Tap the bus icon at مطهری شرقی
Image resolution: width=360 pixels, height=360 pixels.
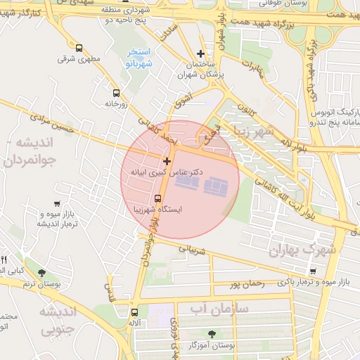pyautogui.click(x=79, y=49)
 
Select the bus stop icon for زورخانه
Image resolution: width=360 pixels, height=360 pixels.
pyautogui.click(x=116, y=93)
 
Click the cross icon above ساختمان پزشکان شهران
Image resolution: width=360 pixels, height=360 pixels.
pyautogui.click(x=201, y=53)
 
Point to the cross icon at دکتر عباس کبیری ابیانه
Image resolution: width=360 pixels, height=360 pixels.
pyautogui.click(x=167, y=162)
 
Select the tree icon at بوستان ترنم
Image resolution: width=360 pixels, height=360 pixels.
pyautogui.click(x=41, y=273)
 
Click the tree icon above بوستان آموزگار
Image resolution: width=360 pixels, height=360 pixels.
pyautogui.click(x=212, y=333)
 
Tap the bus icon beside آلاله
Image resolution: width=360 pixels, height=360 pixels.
pyautogui.click(x=134, y=312)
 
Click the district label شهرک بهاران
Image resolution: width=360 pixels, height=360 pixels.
pyautogui.click(x=303, y=250)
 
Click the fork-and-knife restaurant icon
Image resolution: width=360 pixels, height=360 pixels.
pyautogui.click(x=3, y=259)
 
